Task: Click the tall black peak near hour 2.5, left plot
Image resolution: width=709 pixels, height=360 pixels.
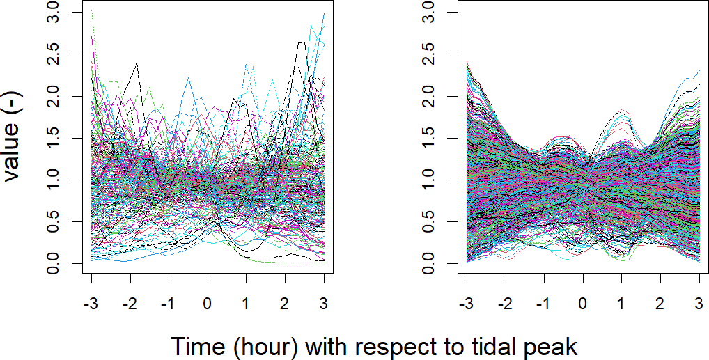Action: point(302,42)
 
